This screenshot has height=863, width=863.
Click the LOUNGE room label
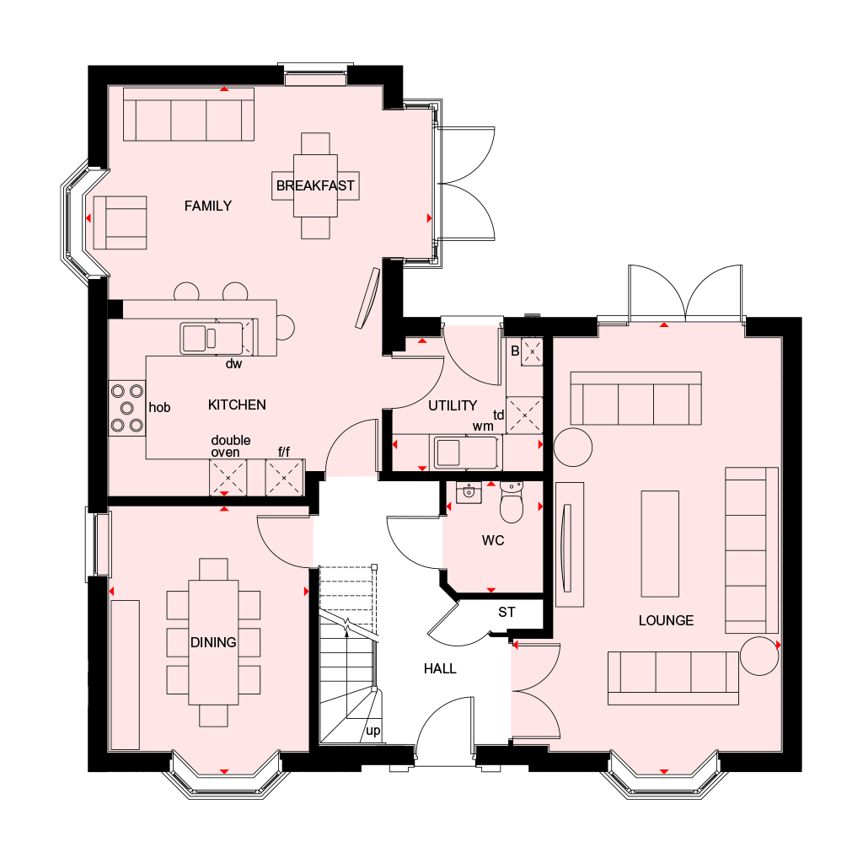click(x=666, y=621)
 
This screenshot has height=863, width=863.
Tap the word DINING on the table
click(x=213, y=642)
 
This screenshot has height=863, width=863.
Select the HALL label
click(x=440, y=668)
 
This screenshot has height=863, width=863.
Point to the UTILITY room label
click(x=453, y=405)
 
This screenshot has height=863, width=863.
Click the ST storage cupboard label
click(x=507, y=612)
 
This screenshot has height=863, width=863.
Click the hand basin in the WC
click(x=469, y=492)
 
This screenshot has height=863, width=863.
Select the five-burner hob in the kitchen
click(x=127, y=409)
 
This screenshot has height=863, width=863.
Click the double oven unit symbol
click(x=228, y=478)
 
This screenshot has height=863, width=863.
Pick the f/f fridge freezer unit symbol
click(x=284, y=478)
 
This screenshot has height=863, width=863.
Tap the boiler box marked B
click(x=533, y=351)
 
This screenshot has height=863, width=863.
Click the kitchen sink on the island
click(x=212, y=338)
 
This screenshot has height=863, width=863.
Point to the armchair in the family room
click(x=120, y=222)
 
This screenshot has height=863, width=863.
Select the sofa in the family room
click(x=189, y=114)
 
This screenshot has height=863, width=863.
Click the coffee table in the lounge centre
click(x=660, y=544)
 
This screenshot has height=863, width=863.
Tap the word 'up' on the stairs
click(x=373, y=732)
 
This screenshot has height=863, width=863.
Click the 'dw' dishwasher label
click(x=234, y=364)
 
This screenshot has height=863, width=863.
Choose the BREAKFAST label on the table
click(x=315, y=186)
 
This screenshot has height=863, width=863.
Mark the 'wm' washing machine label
click(x=483, y=426)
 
